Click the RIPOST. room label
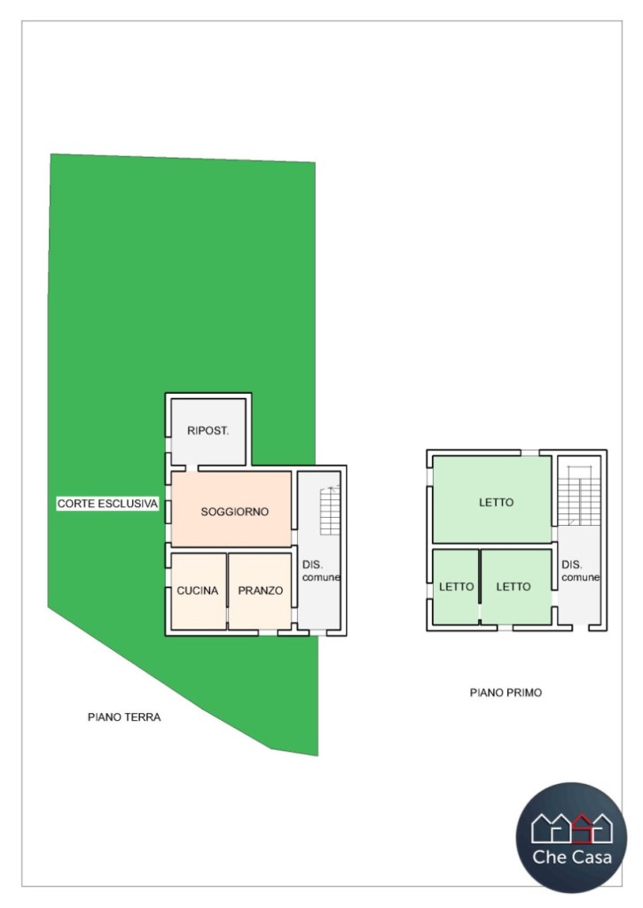coord(208,431)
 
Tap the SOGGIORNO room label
coord(234,512)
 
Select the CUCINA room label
coord(198,591)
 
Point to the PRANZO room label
coord(260,591)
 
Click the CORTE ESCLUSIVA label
coord(107,504)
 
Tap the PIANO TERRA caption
coord(124,717)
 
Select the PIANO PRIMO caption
coord(506,693)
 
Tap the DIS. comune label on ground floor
coord(320,570)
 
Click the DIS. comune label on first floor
coord(580,570)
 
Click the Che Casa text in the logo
coord(571,857)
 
